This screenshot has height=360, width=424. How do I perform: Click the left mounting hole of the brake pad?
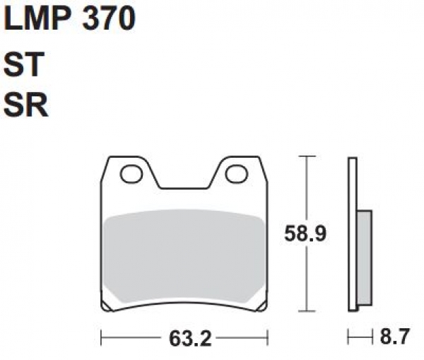131,173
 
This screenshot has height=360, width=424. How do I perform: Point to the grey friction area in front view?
184,255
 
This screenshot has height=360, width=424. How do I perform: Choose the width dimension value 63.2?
185,339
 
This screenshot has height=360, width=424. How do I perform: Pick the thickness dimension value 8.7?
394,339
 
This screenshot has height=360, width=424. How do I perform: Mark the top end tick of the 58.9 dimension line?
305,155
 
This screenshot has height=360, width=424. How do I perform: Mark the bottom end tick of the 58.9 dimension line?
305,311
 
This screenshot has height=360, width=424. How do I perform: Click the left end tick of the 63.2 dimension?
101,339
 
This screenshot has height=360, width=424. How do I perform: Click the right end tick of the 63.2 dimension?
268,339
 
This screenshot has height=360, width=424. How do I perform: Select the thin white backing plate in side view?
352,233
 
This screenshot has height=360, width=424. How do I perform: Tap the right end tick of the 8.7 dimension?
372,339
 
